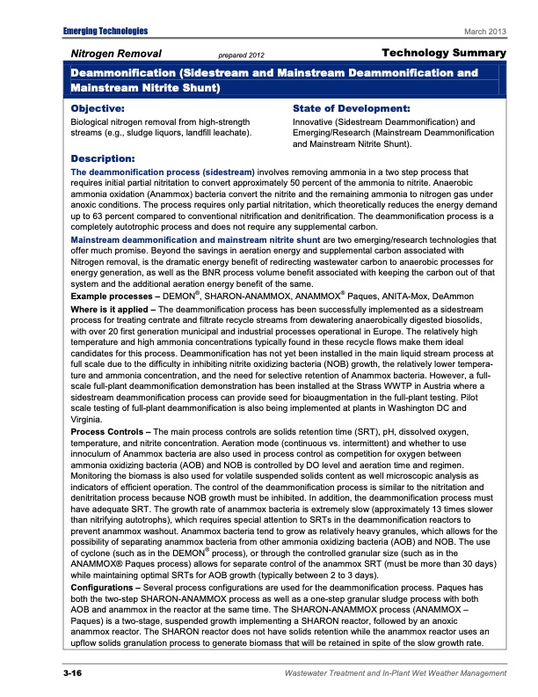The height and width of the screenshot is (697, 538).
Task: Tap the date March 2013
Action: (485, 33)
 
